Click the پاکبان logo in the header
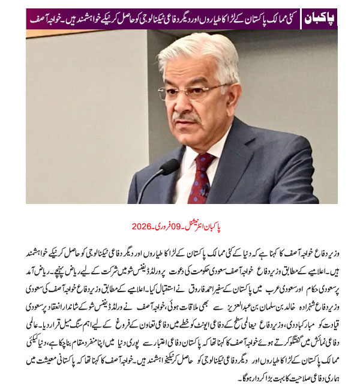(x=319, y=17)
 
